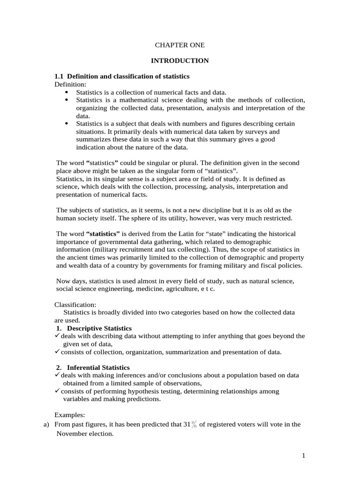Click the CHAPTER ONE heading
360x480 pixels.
point(180,45)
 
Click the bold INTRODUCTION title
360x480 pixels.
point(180,61)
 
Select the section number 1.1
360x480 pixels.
point(59,76)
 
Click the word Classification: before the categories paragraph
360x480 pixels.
point(75,304)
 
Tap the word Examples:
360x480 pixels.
point(70,415)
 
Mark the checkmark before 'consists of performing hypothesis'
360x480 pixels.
point(57,391)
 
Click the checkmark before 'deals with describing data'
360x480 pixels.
point(57,336)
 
